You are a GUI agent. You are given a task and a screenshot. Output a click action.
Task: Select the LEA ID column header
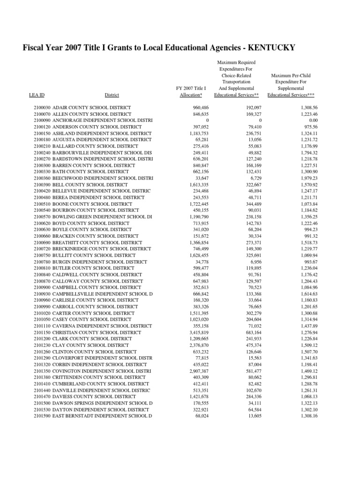(37, 95)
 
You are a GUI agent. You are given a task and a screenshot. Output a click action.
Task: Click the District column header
(112, 95)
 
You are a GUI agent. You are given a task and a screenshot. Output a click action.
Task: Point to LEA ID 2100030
(42, 108)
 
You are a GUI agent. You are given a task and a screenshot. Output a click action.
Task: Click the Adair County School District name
(91, 108)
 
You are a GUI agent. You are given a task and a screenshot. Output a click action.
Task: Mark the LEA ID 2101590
(42, 415)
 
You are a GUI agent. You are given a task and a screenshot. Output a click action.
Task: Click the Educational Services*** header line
(291, 95)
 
